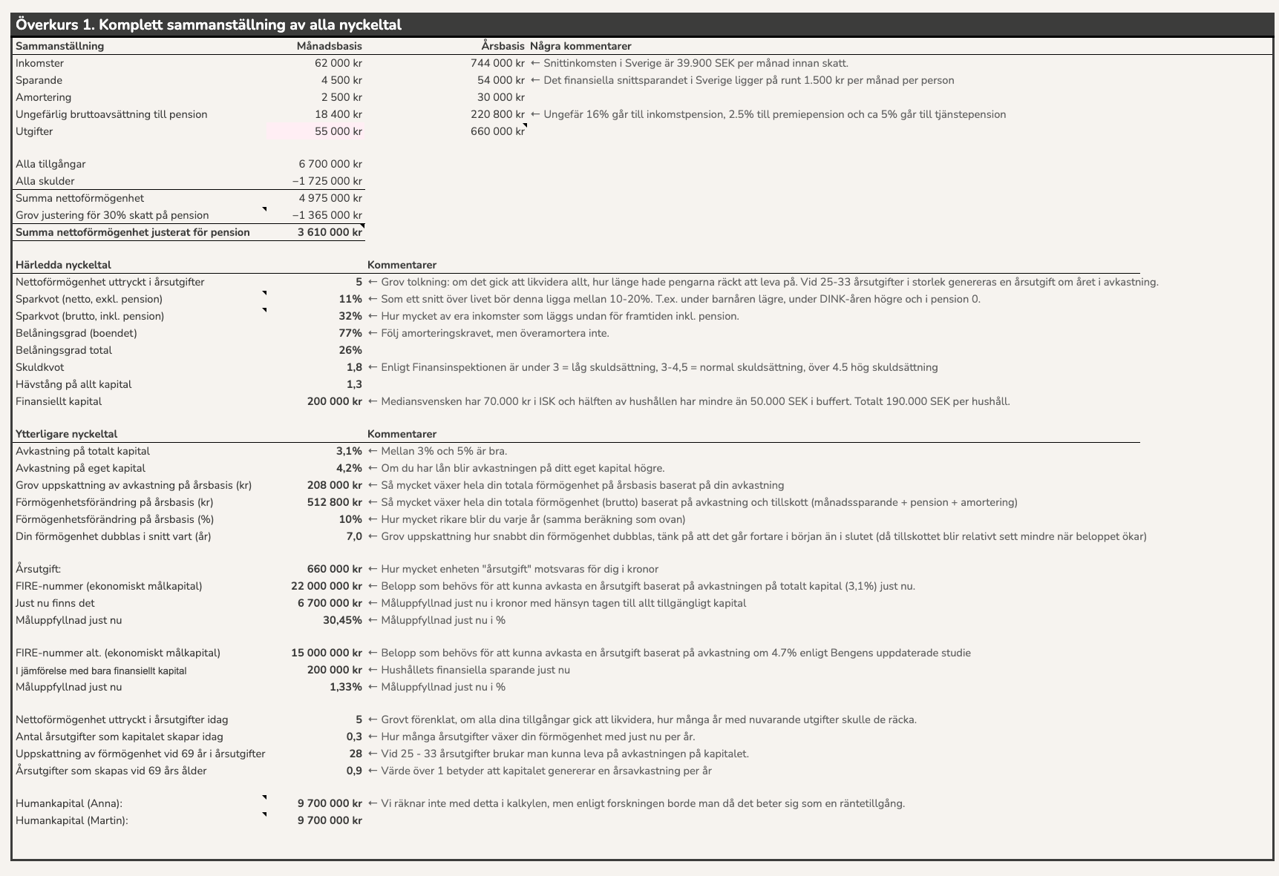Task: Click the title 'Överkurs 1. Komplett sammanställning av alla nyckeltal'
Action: (209, 24)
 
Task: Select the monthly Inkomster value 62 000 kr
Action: (338, 63)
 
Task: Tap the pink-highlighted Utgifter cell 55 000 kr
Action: (338, 131)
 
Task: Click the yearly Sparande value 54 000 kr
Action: (500, 80)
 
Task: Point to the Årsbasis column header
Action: (503, 46)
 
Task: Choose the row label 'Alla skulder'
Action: (45, 181)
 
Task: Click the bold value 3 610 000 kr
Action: (330, 232)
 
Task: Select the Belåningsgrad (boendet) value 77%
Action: (350, 333)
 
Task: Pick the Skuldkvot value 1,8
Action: (354, 367)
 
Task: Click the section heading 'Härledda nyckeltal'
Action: (63, 265)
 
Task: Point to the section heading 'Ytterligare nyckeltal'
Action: (66, 434)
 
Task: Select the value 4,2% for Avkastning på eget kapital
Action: (349, 468)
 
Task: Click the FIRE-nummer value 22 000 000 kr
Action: (327, 586)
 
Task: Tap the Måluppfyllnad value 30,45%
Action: (342, 620)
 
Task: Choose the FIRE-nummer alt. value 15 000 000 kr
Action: (327, 653)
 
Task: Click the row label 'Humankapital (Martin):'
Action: (72, 820)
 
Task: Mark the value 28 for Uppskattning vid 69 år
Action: (356, 754)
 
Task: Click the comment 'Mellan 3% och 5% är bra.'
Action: (444, 451)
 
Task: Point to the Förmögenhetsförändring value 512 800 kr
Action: (334, 502)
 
